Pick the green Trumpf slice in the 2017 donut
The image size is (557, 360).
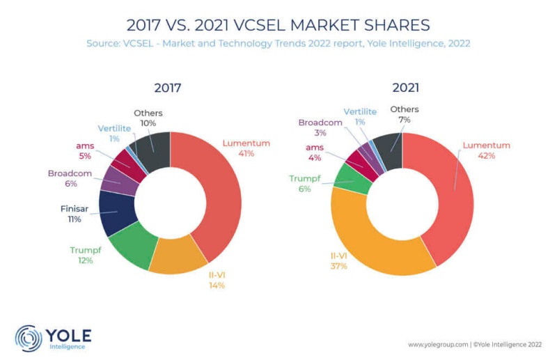(x=132, y=247)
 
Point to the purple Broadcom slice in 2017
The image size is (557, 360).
(x=118, y=180)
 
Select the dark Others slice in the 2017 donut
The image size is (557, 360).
(x=154, y=148)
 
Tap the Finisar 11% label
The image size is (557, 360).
(x=74, y=214)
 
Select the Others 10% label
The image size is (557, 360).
(x=148, y=118)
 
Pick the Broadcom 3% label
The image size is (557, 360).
(x=320, y=127)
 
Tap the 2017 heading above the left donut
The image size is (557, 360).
(x=167, y=88)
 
